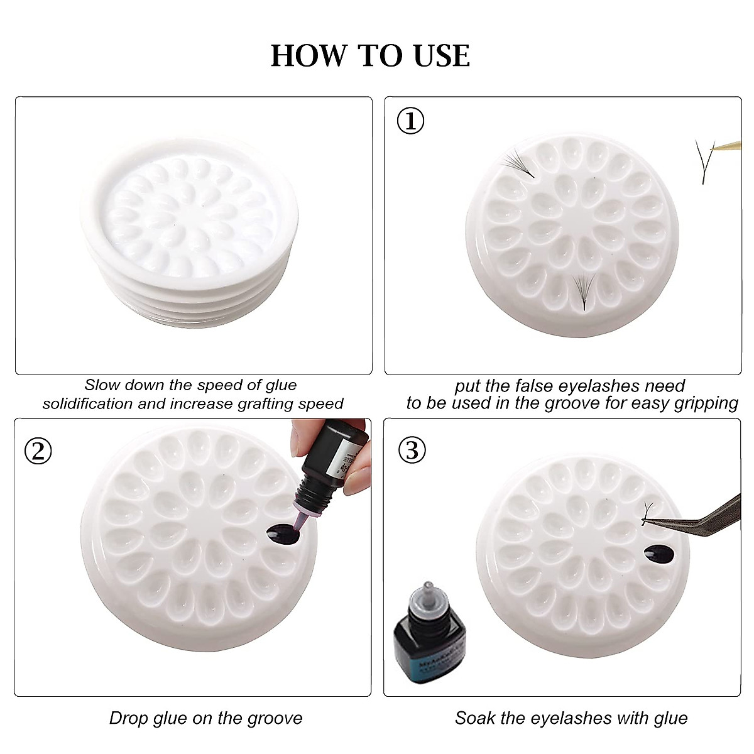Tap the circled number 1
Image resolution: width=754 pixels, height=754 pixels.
[x=412, y=121]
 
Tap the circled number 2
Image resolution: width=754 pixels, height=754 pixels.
[x=38, y=451]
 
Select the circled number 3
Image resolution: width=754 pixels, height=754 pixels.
[x=412, y=451]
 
